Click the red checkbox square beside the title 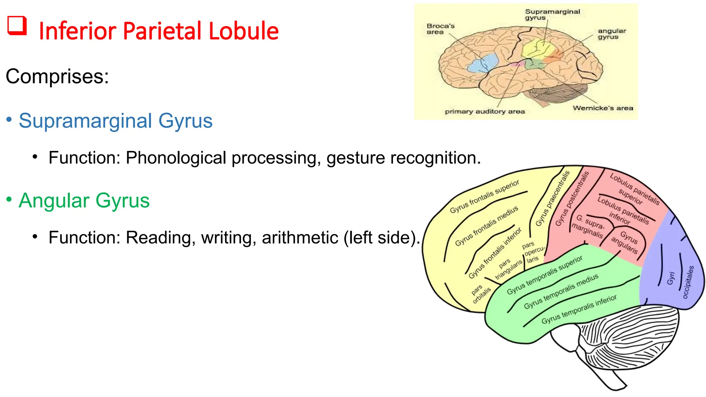tap(17, 26)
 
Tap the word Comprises tap(57, 76)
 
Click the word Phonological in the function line tap(176, 158)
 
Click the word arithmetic tap(300, 237)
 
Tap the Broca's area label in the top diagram tap(440, 29)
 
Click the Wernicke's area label tap(603, 108)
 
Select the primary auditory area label tap(484, 112)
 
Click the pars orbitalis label tap(481, 294)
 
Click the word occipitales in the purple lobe tap(688, 282)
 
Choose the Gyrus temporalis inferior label tap(579, 309)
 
